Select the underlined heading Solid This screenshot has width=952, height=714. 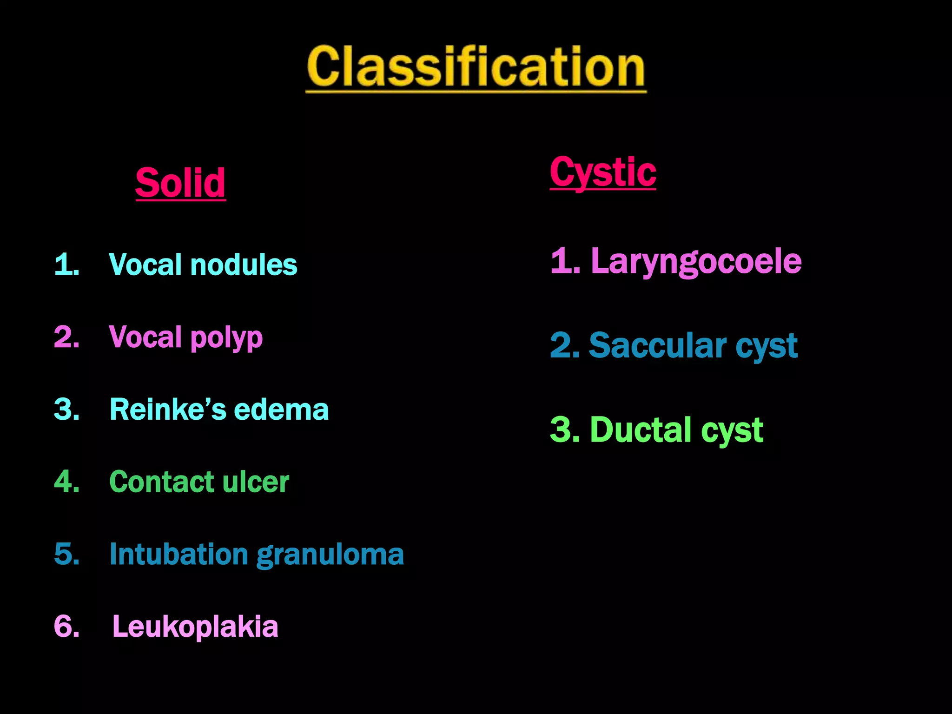[180, 183]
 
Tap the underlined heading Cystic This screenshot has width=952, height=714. [603, 172]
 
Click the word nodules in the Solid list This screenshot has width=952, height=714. [244, 265]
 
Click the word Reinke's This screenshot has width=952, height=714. [168, 410]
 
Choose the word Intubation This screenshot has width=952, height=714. [179, 554]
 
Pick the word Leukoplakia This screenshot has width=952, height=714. [195, 627]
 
